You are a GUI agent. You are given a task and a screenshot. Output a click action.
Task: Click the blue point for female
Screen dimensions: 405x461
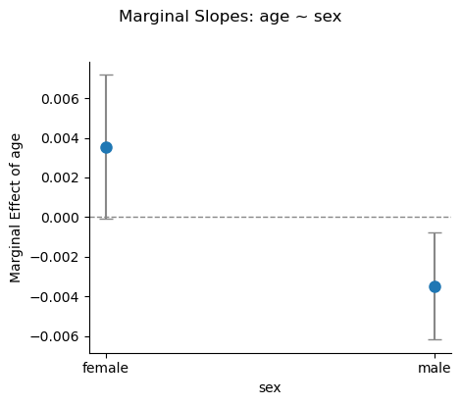pos(106,147)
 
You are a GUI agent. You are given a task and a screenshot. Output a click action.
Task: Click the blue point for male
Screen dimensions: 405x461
pos(435,286)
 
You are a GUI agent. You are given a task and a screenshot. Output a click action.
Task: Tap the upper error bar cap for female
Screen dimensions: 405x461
pos(106,75)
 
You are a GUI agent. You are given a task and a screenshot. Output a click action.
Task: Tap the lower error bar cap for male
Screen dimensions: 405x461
pos(435,339)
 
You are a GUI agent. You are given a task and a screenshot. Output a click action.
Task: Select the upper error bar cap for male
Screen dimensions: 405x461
pos(435,232)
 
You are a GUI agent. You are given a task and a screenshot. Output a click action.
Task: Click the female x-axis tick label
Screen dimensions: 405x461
pos(106,368)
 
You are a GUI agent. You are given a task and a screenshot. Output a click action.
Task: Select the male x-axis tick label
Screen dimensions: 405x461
pos(435,368)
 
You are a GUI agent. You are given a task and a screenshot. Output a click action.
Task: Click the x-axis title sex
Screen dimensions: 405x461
pos(270,387)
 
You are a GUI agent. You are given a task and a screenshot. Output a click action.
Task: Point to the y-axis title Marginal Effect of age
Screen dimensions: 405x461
pos(17,207)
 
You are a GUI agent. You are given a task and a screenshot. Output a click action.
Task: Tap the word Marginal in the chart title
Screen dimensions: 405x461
pos(152,17)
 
